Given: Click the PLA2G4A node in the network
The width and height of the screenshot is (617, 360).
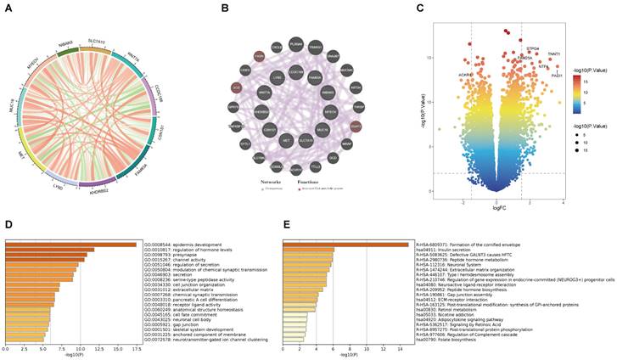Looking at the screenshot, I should [294, 44].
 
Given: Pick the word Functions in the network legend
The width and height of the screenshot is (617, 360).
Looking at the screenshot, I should [309, 182].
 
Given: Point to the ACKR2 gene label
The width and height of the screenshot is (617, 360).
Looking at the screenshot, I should [464, 74].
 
